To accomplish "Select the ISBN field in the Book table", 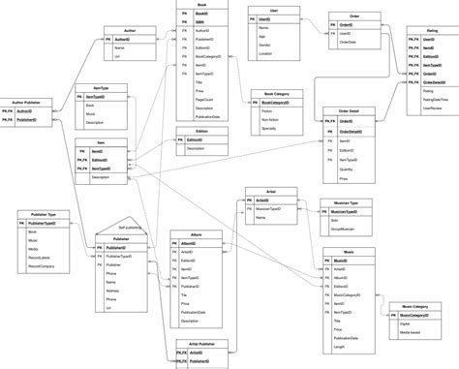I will coord(201,22).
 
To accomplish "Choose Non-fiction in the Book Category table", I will coord(273,117).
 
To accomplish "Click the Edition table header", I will coord(200,129).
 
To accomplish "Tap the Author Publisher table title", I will coord(25,101).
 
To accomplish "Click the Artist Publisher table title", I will coord(200,343).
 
